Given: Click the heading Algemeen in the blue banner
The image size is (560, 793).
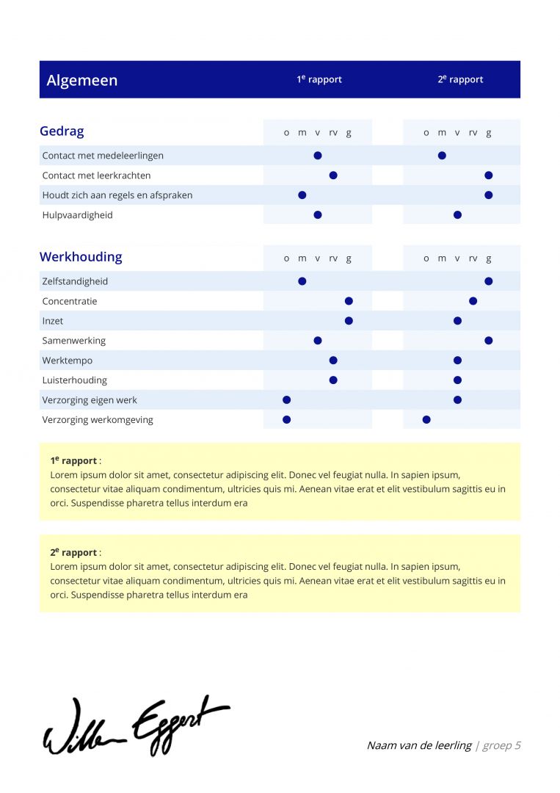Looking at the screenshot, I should point(81,80).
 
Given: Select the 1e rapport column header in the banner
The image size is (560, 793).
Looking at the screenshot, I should point(319,79).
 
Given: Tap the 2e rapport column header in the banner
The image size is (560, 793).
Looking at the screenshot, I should point(460,79).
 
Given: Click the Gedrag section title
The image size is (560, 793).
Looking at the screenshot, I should point(62,131).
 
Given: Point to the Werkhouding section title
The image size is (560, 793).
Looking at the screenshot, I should point(81,257).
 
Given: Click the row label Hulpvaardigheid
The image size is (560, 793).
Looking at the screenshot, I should point(77,215).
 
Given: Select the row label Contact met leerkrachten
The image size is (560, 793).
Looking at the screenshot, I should point(96,175).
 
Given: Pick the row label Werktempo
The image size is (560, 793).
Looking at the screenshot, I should point(68,361).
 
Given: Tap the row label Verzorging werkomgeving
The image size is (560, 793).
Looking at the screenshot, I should point(98,420).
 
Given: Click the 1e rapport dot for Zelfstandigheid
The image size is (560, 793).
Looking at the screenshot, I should point(302,281).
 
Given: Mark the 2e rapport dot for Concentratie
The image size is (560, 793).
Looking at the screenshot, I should point(473,301).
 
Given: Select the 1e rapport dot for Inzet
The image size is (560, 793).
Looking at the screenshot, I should point(349,321).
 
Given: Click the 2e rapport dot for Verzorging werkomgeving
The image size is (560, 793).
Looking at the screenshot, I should point(426,420).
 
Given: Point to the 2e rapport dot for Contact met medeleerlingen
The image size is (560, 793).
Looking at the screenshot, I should point(442,156).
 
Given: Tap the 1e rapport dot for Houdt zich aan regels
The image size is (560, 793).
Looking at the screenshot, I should point(302,195).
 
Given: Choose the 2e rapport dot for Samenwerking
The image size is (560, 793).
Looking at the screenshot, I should point(489,341).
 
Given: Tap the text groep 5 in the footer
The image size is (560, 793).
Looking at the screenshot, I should point(502,745).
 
